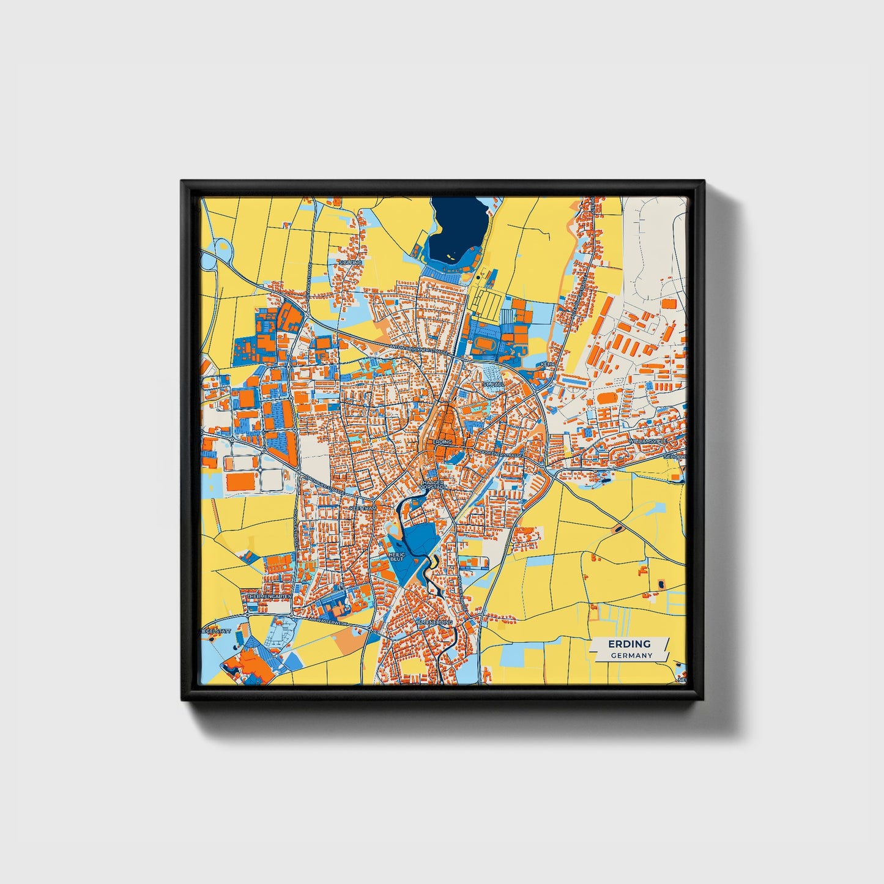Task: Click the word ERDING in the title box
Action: [629, 644]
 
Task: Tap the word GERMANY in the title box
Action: [631, 655]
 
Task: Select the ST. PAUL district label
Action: [492, 384]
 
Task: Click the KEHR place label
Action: [547, 363]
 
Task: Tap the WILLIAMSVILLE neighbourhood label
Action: [648, 440]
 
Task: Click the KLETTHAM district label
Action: [363, 508]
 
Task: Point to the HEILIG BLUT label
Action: [397, 557]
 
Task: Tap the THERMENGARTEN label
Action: [269, 595]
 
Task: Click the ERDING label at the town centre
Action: [442, 441]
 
